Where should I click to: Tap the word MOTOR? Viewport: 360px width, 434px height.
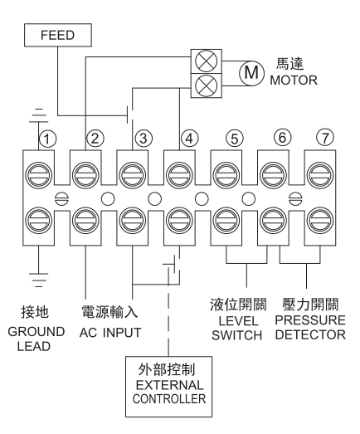294,80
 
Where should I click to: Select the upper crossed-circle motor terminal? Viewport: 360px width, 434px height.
207,61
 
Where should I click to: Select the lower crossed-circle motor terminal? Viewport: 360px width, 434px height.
207,85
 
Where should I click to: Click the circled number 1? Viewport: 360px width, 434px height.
47,139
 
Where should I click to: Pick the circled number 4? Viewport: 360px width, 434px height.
190,138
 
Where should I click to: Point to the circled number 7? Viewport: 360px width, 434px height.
325,138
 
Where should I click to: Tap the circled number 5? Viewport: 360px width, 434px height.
235,139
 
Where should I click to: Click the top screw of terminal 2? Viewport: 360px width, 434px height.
85,176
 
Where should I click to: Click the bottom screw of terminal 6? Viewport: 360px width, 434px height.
274,221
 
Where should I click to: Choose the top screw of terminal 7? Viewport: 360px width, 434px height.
320,176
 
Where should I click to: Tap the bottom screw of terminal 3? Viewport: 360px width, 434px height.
132,221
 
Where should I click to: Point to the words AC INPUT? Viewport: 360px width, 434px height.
110,333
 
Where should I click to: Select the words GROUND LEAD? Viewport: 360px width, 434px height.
36,339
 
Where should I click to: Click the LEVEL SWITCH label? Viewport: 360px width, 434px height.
237,329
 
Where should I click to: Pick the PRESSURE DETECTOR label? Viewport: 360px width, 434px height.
310,328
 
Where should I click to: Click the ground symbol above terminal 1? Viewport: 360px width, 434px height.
38,115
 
